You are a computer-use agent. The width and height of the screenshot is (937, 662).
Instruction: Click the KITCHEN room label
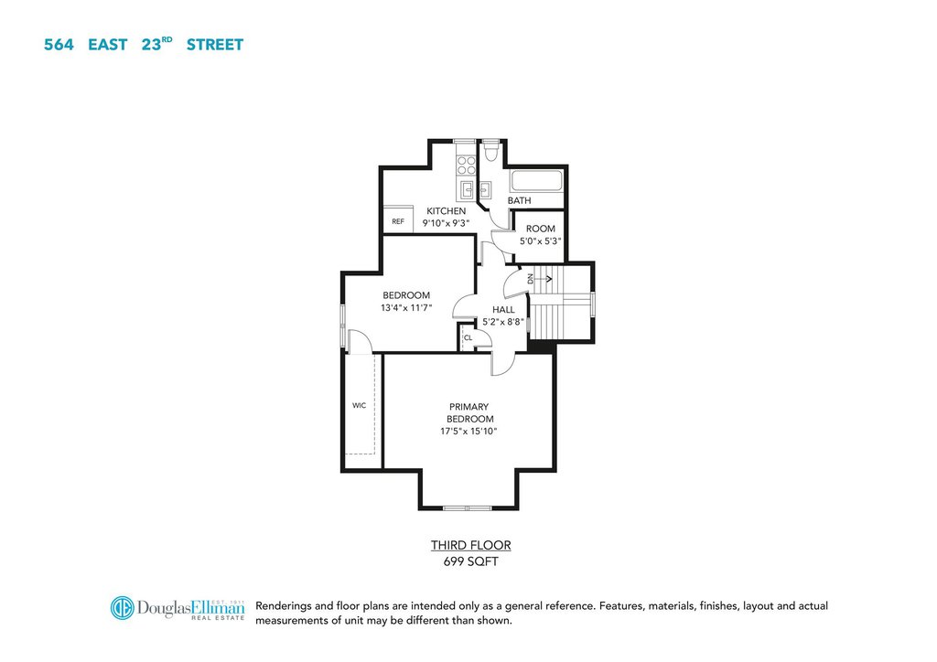tap(446, 210)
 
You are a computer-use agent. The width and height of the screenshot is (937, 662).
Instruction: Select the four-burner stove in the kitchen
tap(466, 165)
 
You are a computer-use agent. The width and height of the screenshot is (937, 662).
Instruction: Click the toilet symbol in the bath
tap(491, 152)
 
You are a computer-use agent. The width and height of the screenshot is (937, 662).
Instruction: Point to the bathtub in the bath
tap(536, 181)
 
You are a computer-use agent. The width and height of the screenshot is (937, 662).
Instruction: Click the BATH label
tap(520, 200)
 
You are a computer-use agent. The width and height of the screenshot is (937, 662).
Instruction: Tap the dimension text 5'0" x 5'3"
tap(540, 241)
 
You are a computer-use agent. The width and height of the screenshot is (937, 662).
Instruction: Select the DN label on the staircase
tap(530, 278)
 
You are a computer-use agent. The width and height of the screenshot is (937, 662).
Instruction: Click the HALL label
tap(503, 309)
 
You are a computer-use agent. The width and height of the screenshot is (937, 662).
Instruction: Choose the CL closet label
tap(468, 338)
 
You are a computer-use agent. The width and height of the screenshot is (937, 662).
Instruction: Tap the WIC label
tap(359, 405)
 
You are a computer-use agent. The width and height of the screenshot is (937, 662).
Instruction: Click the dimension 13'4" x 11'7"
tap(406, 308)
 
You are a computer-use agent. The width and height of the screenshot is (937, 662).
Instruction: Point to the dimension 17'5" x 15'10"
tap(469, 431)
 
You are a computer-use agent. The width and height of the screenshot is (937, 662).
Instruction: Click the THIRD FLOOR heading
tap(471, 545)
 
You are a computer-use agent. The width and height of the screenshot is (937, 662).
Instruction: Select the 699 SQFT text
tap(471, 561)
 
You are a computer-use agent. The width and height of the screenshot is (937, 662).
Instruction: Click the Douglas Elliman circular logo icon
tap(122, 608)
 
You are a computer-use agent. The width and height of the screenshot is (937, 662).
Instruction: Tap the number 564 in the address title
tap(59, 45)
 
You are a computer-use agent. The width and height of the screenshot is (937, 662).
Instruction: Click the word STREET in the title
tap(215, 45)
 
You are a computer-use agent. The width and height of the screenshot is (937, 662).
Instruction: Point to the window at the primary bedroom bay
tap(468, 508)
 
